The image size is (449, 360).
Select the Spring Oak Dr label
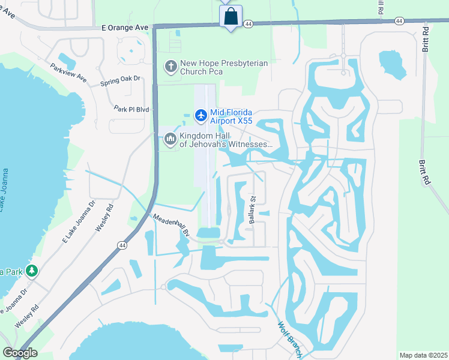click(120, 79)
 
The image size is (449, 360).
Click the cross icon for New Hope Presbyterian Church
click(171, 67)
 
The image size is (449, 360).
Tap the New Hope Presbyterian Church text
click(224, 67)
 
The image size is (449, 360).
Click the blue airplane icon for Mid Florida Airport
click(200, 114)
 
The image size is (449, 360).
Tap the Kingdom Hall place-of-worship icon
click(170, 139)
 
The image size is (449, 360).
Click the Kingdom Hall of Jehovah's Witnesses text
click(226, 140)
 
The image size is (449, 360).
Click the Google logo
click(20, 353)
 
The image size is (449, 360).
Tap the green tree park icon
click(32, 272)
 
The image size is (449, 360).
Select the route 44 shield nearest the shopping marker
click(248, 22)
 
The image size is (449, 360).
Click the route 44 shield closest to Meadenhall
click(122, 245)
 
